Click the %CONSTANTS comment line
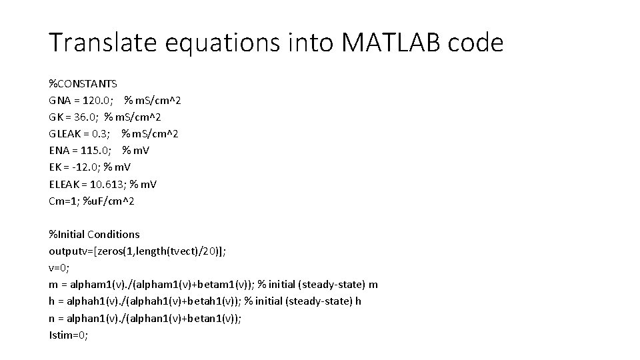coord(83,84)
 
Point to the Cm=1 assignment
coord(62,201)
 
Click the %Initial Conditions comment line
coord(94,234)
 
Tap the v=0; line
coord(59,267)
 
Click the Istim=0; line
coord(68,335)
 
